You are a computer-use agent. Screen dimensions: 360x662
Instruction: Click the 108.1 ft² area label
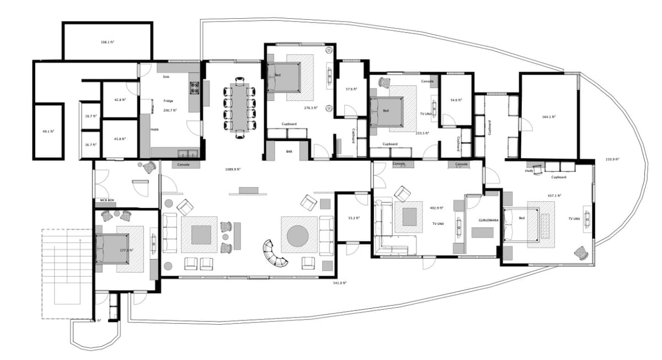tap(107, 42)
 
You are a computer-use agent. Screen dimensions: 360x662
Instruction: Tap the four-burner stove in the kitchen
tap(195, 86)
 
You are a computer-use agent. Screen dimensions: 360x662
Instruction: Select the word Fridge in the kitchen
tap(168, 101)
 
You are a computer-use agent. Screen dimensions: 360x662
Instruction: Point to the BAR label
tap(289, 151)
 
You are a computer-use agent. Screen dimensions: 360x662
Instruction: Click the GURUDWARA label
tap(488, 219)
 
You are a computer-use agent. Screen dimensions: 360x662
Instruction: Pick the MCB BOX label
tap(106, 200)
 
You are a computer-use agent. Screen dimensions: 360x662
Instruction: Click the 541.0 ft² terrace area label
tap(339, 283)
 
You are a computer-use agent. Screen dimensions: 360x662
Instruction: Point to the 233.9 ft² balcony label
tap(612, 159)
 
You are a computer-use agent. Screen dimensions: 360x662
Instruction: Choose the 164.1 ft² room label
tap(548, 117)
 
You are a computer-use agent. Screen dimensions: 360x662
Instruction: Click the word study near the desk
tap(528, 171)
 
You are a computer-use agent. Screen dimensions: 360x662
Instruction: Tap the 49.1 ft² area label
tap(49, 131)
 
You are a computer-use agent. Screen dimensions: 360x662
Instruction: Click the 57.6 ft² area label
tap(351, 89)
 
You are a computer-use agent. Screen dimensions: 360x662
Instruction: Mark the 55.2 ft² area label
tap(354, 218)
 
